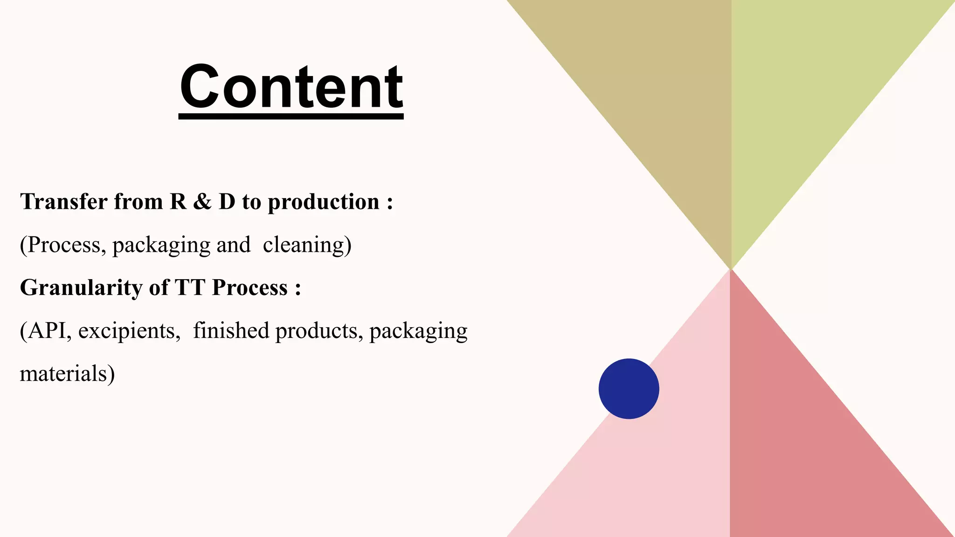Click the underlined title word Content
coord(291,87)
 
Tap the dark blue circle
coord(629,389)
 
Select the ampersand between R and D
coord(202,202)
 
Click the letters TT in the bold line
coord(190,288)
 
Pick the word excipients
coord(128,331)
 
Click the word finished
coord(231,330)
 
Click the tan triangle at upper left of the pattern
coord(653,93)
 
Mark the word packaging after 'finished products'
coord(418,331)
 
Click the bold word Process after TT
coord(249,288)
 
